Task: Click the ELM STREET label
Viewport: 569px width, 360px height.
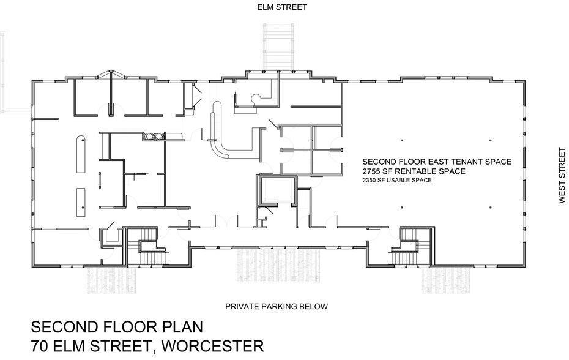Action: click(281, 7)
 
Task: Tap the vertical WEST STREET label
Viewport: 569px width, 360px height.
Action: click(561, 175)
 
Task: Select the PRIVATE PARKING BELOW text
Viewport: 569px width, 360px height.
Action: click(277, 306)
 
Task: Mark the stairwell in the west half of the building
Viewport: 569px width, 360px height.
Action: click(144, 247)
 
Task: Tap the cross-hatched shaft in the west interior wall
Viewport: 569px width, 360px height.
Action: click(154, 137)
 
